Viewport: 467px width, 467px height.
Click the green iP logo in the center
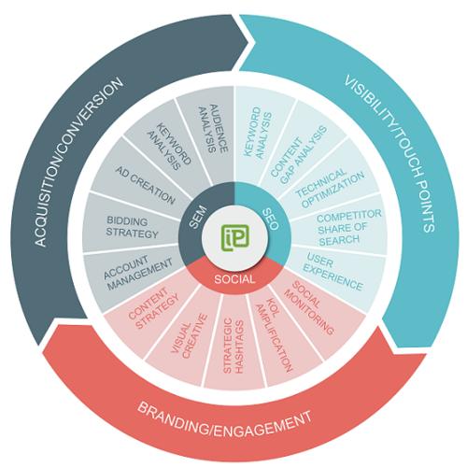point(235,237)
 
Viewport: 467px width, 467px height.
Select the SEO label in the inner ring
point(270,219)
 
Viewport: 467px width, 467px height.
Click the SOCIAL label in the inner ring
point(234,279)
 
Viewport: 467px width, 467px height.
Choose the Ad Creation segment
point(146,186)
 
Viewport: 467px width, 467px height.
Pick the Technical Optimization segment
point(330,189)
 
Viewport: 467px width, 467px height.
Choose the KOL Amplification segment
point(274,334)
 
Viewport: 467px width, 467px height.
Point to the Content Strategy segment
point(153,308)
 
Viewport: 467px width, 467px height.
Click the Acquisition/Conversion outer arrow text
point(78,162)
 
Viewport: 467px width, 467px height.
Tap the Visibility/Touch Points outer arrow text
point(389,153)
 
